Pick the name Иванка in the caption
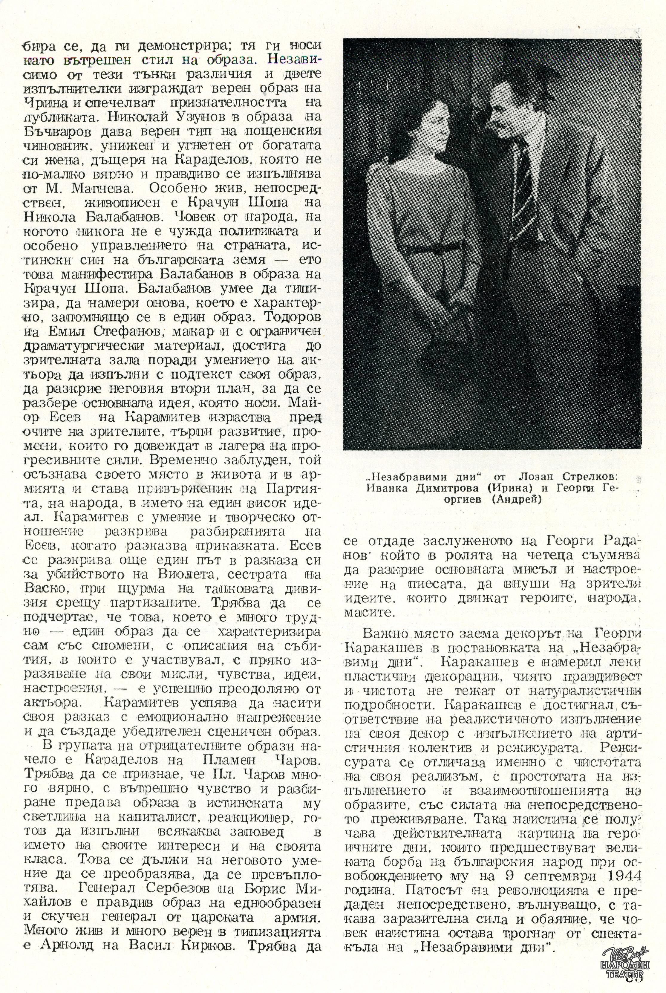(x=387, y=488)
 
